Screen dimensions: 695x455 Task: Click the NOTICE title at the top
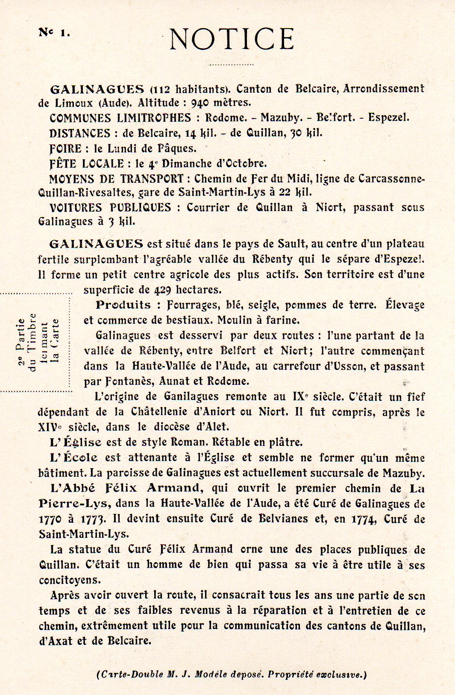232,39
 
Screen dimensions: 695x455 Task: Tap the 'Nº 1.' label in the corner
54,32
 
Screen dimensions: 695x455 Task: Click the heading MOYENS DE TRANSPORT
116,179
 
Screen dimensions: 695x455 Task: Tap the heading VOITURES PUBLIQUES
110,208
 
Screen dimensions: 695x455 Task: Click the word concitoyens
69,580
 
